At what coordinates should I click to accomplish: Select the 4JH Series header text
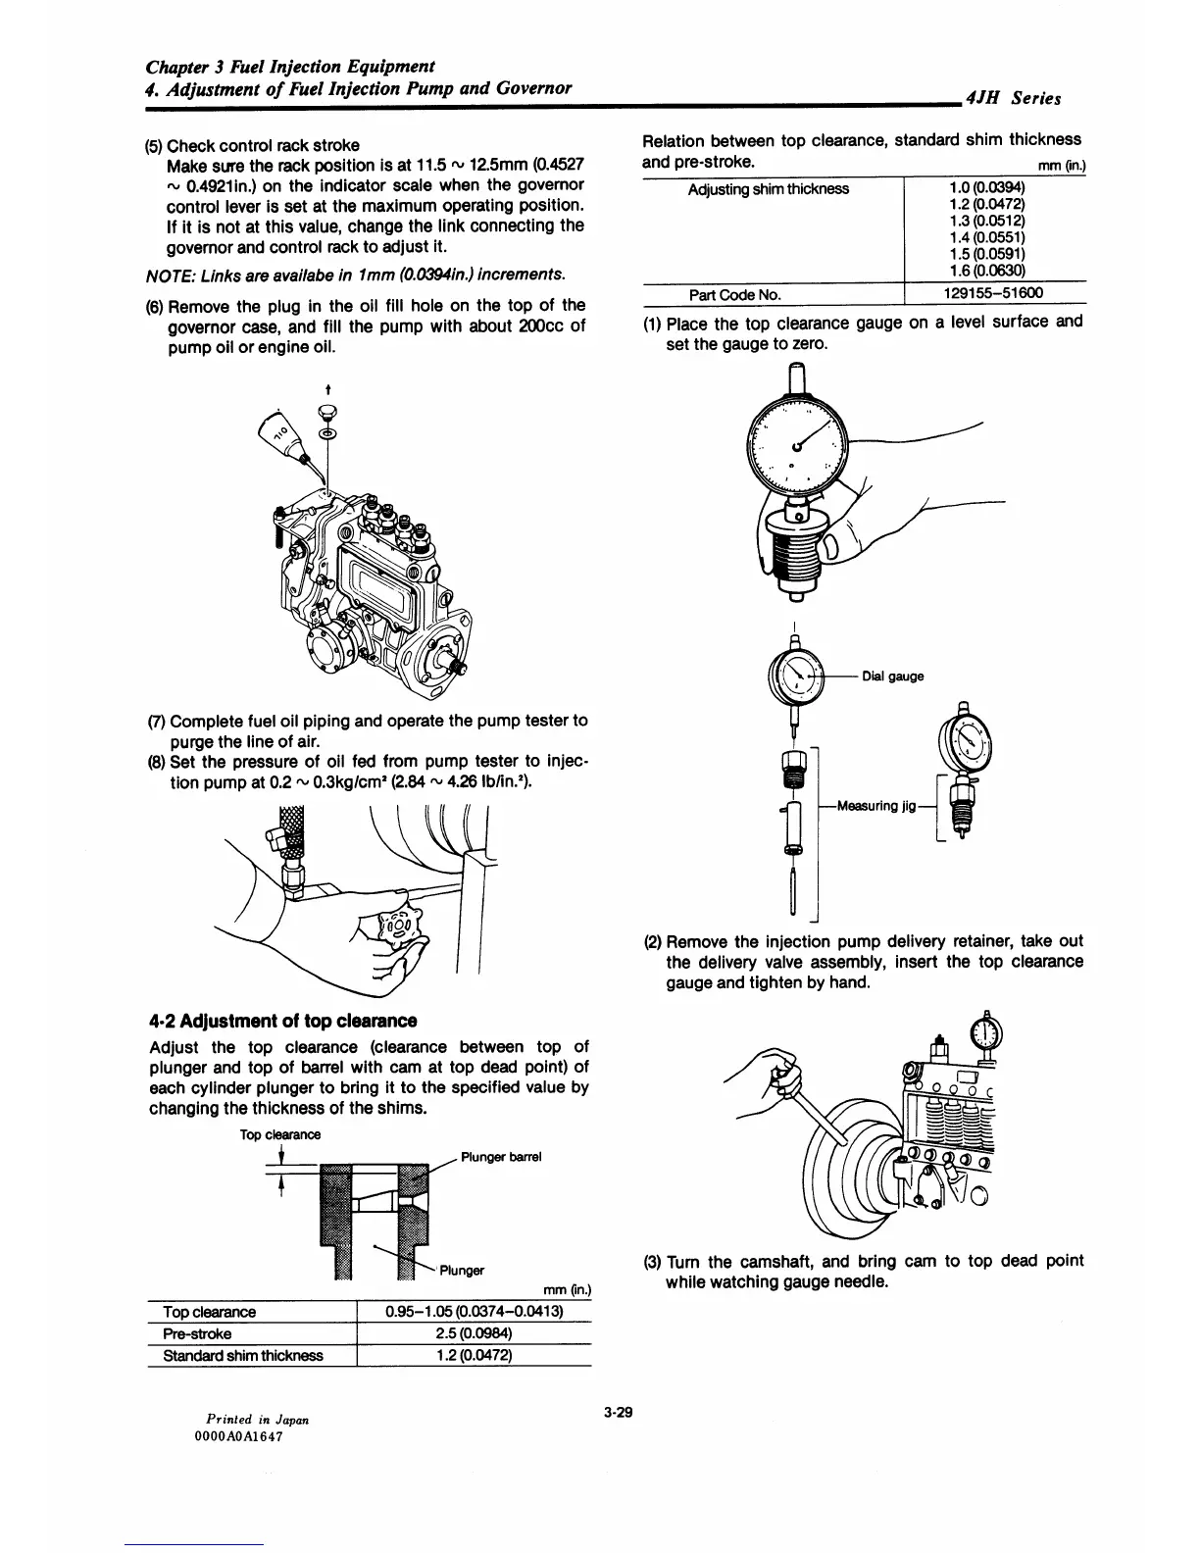tap(1013, 99)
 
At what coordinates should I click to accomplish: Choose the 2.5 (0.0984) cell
tap(475, 1333)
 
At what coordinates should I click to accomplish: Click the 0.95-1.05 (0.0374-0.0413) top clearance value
tap(475, 1312)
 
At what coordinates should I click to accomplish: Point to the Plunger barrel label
tap(501, 1157)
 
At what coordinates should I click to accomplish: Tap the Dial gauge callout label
tap(892, 676)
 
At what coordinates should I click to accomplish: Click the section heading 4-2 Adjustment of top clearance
tap(282, 1021)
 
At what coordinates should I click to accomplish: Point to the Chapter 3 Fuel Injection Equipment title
tap(290, 67)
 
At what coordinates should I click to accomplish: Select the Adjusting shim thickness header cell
tap(768, 189)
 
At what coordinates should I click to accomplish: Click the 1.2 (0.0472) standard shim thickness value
tap(475, 1356)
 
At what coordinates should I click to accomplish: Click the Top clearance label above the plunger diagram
tap(280, 1134)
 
